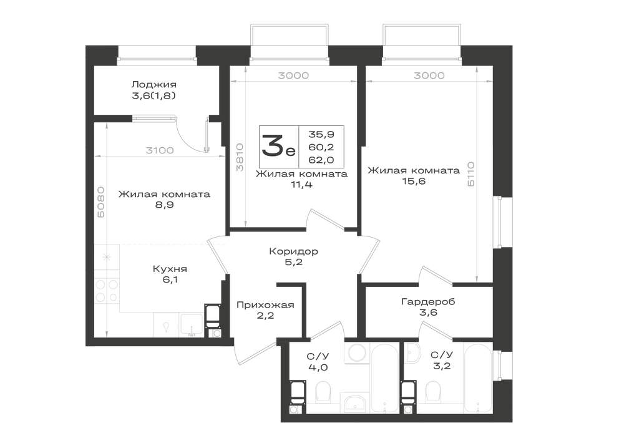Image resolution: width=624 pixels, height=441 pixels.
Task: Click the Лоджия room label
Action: [154, 84]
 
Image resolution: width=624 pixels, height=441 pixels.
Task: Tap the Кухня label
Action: [170, 269]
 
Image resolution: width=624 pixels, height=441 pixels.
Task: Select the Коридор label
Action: [293, 251]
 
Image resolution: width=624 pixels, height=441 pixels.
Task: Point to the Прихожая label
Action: [265, 305]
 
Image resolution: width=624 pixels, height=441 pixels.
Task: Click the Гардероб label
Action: [428, 301]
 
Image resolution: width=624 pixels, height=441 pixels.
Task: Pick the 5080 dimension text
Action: [101, 202]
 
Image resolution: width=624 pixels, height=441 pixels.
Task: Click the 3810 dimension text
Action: [239, 157]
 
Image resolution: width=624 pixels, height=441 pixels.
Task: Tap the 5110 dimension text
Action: [470, 174]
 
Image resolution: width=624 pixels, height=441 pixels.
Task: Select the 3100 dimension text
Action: [160, 150]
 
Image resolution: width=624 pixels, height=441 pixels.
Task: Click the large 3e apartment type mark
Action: [278, 147]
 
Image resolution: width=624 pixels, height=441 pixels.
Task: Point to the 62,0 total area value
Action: [321, 160]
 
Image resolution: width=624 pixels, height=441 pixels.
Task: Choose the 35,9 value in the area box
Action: [321, 134]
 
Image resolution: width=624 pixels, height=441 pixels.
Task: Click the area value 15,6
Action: [414, 182]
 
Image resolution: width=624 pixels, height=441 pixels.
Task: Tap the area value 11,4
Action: [301, 185]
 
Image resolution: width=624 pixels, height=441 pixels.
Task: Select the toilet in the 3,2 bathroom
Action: [432, 391]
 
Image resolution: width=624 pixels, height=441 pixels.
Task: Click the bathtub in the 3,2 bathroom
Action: [477, 379]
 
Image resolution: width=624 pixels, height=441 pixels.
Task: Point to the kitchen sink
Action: [192, 324]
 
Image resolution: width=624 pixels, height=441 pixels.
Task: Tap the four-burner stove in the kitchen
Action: [107, 291]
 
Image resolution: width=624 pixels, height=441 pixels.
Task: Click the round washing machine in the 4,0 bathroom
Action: [358, 352]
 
